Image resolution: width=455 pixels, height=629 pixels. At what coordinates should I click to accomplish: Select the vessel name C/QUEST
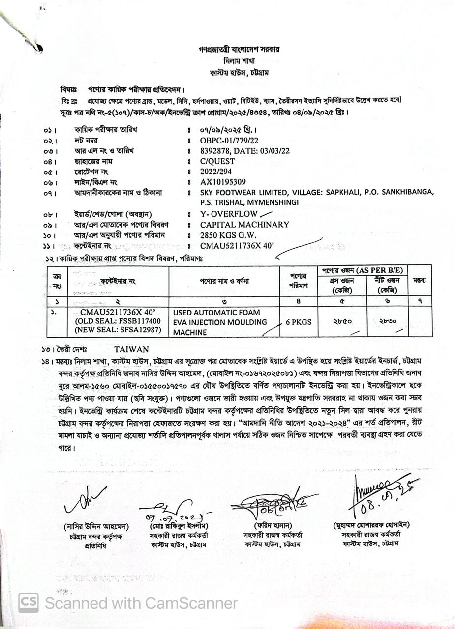click(217, 161)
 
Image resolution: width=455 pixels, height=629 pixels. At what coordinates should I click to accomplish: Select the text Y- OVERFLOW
click(229, 214)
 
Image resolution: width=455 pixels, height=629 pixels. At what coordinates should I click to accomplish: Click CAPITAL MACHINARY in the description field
click(244, 224)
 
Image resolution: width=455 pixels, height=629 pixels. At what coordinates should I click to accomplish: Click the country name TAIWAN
click(131, 349)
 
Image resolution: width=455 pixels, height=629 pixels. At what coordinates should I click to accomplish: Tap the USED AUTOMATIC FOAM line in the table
click(216, 312)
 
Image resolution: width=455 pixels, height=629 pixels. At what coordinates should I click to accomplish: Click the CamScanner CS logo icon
click(29, 602)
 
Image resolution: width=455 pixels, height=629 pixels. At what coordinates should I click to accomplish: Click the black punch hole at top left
click(38, 48)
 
